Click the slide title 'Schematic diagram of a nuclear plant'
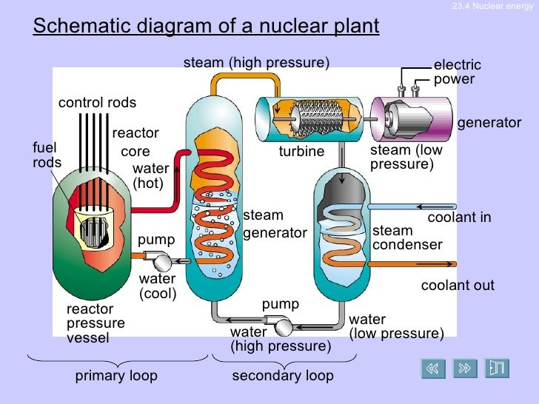point(207,27)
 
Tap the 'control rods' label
point(97,103)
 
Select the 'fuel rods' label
point(47,155)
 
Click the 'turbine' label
point(301,152)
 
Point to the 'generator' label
point(489,123)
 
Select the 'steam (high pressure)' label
point(256,63)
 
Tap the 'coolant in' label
point(459,218)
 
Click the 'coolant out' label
point(458,286)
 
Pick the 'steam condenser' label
point(407,238)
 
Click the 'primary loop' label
point(116,376)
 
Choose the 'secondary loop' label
point(283,376)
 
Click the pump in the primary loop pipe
point(158,260)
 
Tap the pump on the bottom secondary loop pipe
point(281,325)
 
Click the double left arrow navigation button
point(434,368)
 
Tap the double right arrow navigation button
point(465,368)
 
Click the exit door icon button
point(496,368)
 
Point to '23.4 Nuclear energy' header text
point(492,7)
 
